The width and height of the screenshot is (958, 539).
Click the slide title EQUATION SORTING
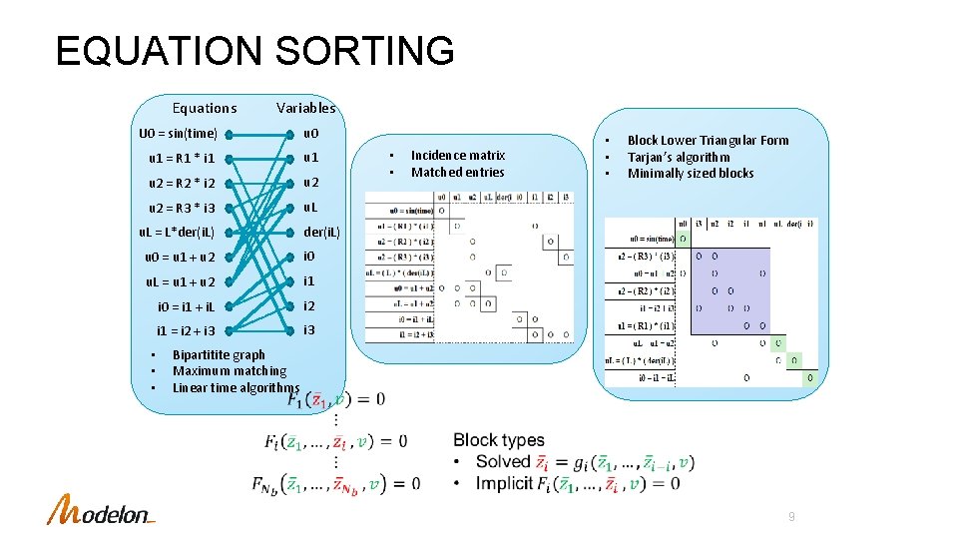point(254,51)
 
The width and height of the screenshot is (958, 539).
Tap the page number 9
point(791,517)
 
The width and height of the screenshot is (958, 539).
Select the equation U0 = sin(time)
point(178,133)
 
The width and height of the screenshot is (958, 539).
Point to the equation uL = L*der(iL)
point(178,232)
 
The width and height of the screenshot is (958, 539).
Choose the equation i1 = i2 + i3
point(186,330)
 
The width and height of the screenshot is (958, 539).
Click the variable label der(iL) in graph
point(321,232)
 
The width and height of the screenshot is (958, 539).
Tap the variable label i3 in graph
point(309,330)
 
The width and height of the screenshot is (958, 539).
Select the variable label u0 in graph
point(311,133)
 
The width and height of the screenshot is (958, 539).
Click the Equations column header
point(205,108)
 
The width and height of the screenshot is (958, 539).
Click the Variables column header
point(306,108)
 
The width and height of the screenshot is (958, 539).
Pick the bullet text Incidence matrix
point(458,155)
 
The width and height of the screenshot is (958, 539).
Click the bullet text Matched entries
point(458,172)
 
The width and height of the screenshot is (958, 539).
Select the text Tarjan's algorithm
point(679,157)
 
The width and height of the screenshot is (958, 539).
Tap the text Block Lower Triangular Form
point(708,141)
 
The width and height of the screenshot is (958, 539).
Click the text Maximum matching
point(230,371)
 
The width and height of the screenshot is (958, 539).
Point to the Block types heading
point(499,440)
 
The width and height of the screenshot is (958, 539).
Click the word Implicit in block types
point(504,484)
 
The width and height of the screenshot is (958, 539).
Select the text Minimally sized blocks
point(691,174)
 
